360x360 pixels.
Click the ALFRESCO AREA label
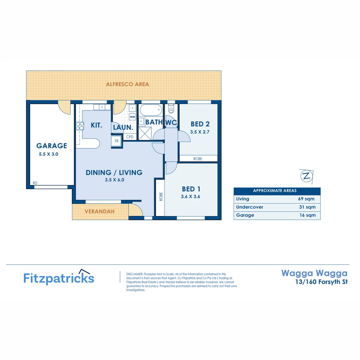click(x=127, y=84)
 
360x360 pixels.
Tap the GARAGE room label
click(x=52, y=146)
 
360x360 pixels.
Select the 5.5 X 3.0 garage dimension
click(x=49, y=154)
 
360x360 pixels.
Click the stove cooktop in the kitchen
click(x=80, y=126)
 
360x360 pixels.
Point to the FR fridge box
click(x=117, y=141)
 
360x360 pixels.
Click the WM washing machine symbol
click(x=132, y=117)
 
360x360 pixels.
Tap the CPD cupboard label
click(x=130, y=137)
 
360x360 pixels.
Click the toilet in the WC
click(x=171, y=109)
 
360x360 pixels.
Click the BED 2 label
click(x=200, y=124)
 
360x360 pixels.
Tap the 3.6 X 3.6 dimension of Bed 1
click(x=190, y=197)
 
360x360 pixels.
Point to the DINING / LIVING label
click(x=114, y=172)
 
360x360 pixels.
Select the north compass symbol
click(x=306, y=176)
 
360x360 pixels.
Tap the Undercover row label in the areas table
click(x=250, y=207)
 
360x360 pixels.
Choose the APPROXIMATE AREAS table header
click(x=275, y=191)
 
